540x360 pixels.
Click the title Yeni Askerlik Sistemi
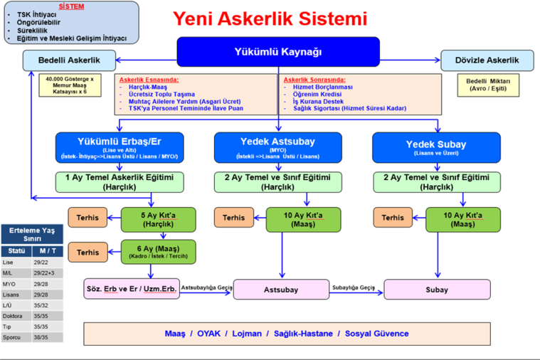[271, 19]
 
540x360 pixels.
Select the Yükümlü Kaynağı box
[278, 51]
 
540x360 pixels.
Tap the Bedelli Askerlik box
[69, 60]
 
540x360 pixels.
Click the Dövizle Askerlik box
[487, 60]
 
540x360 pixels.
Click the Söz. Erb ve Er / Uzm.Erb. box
[131, 290]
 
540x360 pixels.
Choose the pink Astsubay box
[280, 290]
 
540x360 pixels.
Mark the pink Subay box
[436, 290]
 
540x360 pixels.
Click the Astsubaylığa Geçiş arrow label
[207, 287]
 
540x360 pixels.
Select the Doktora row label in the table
[15, 316]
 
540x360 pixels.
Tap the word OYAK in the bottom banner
[209, 334]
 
